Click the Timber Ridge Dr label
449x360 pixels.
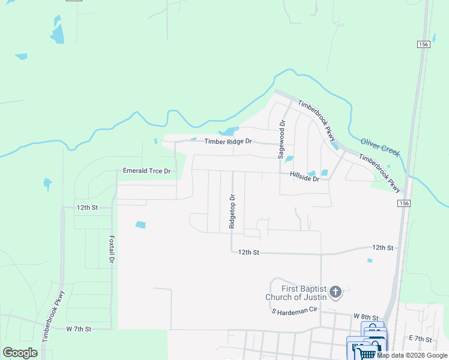228,142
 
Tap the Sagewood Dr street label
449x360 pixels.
282,139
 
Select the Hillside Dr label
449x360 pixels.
304,179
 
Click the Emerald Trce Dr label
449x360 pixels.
146,171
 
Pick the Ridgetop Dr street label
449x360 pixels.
232,211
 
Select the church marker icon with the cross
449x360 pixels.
336,293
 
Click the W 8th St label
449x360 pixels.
366,316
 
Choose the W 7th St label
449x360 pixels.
78,329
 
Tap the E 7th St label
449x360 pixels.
421,339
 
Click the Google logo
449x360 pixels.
20,353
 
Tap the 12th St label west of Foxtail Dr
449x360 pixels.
86,207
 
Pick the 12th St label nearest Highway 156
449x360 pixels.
382,247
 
